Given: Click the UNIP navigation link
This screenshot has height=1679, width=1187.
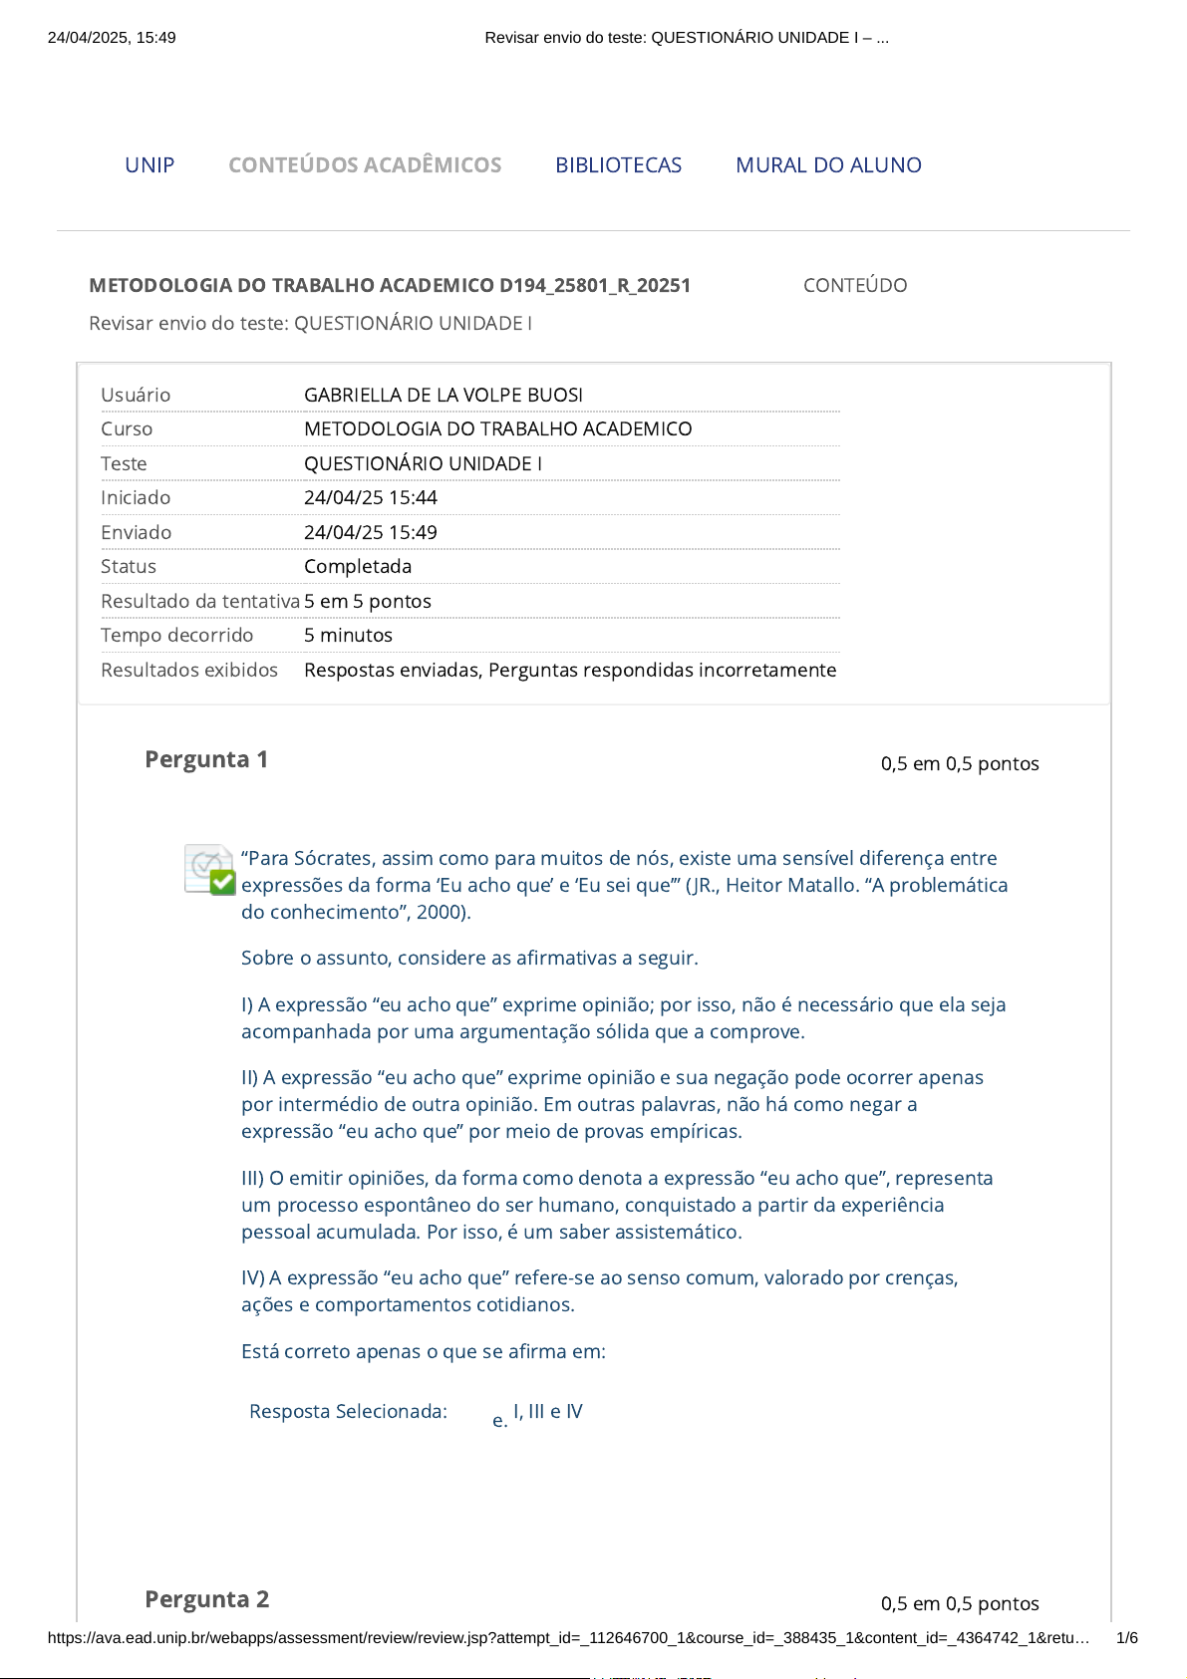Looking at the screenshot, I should tap(149, 165).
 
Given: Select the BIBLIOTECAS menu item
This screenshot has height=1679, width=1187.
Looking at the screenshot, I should tap(618, 165).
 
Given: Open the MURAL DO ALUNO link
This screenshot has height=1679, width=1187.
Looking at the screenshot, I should tap(828, 165).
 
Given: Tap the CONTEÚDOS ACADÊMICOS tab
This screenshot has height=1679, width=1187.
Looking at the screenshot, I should tap(365, 165).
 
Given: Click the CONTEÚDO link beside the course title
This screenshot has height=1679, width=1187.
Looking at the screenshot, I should tap(854, 286).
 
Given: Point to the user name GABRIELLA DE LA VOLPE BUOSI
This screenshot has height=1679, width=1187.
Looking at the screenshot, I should tap(444, 395).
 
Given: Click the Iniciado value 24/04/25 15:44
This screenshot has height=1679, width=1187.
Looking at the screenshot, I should tap(371, 497).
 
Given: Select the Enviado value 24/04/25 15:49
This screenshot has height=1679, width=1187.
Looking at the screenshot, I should tap(371, 532).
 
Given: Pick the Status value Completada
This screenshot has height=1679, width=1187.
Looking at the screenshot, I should tap(358, 566).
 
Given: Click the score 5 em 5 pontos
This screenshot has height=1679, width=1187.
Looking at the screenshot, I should tap(368, 601).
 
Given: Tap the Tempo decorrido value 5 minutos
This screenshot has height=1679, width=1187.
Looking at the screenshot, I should tap(348, 635).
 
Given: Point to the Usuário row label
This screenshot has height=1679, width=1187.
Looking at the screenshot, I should tap(136, 395).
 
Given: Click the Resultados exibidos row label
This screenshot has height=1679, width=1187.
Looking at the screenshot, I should tap(189, 670).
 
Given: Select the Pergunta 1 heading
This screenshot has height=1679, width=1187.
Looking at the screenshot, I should tap(206, 759).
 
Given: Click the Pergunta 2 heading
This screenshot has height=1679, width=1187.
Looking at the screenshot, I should tap(206, 1599).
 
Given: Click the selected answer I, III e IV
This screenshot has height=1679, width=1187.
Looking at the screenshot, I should tap(547, 1411).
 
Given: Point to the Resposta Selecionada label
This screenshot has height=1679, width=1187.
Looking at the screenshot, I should tap(348, 1411).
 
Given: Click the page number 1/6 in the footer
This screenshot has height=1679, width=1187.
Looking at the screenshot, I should tap(1126, 1637).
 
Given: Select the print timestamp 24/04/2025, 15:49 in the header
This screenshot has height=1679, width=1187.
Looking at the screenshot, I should tap(112, 38).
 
